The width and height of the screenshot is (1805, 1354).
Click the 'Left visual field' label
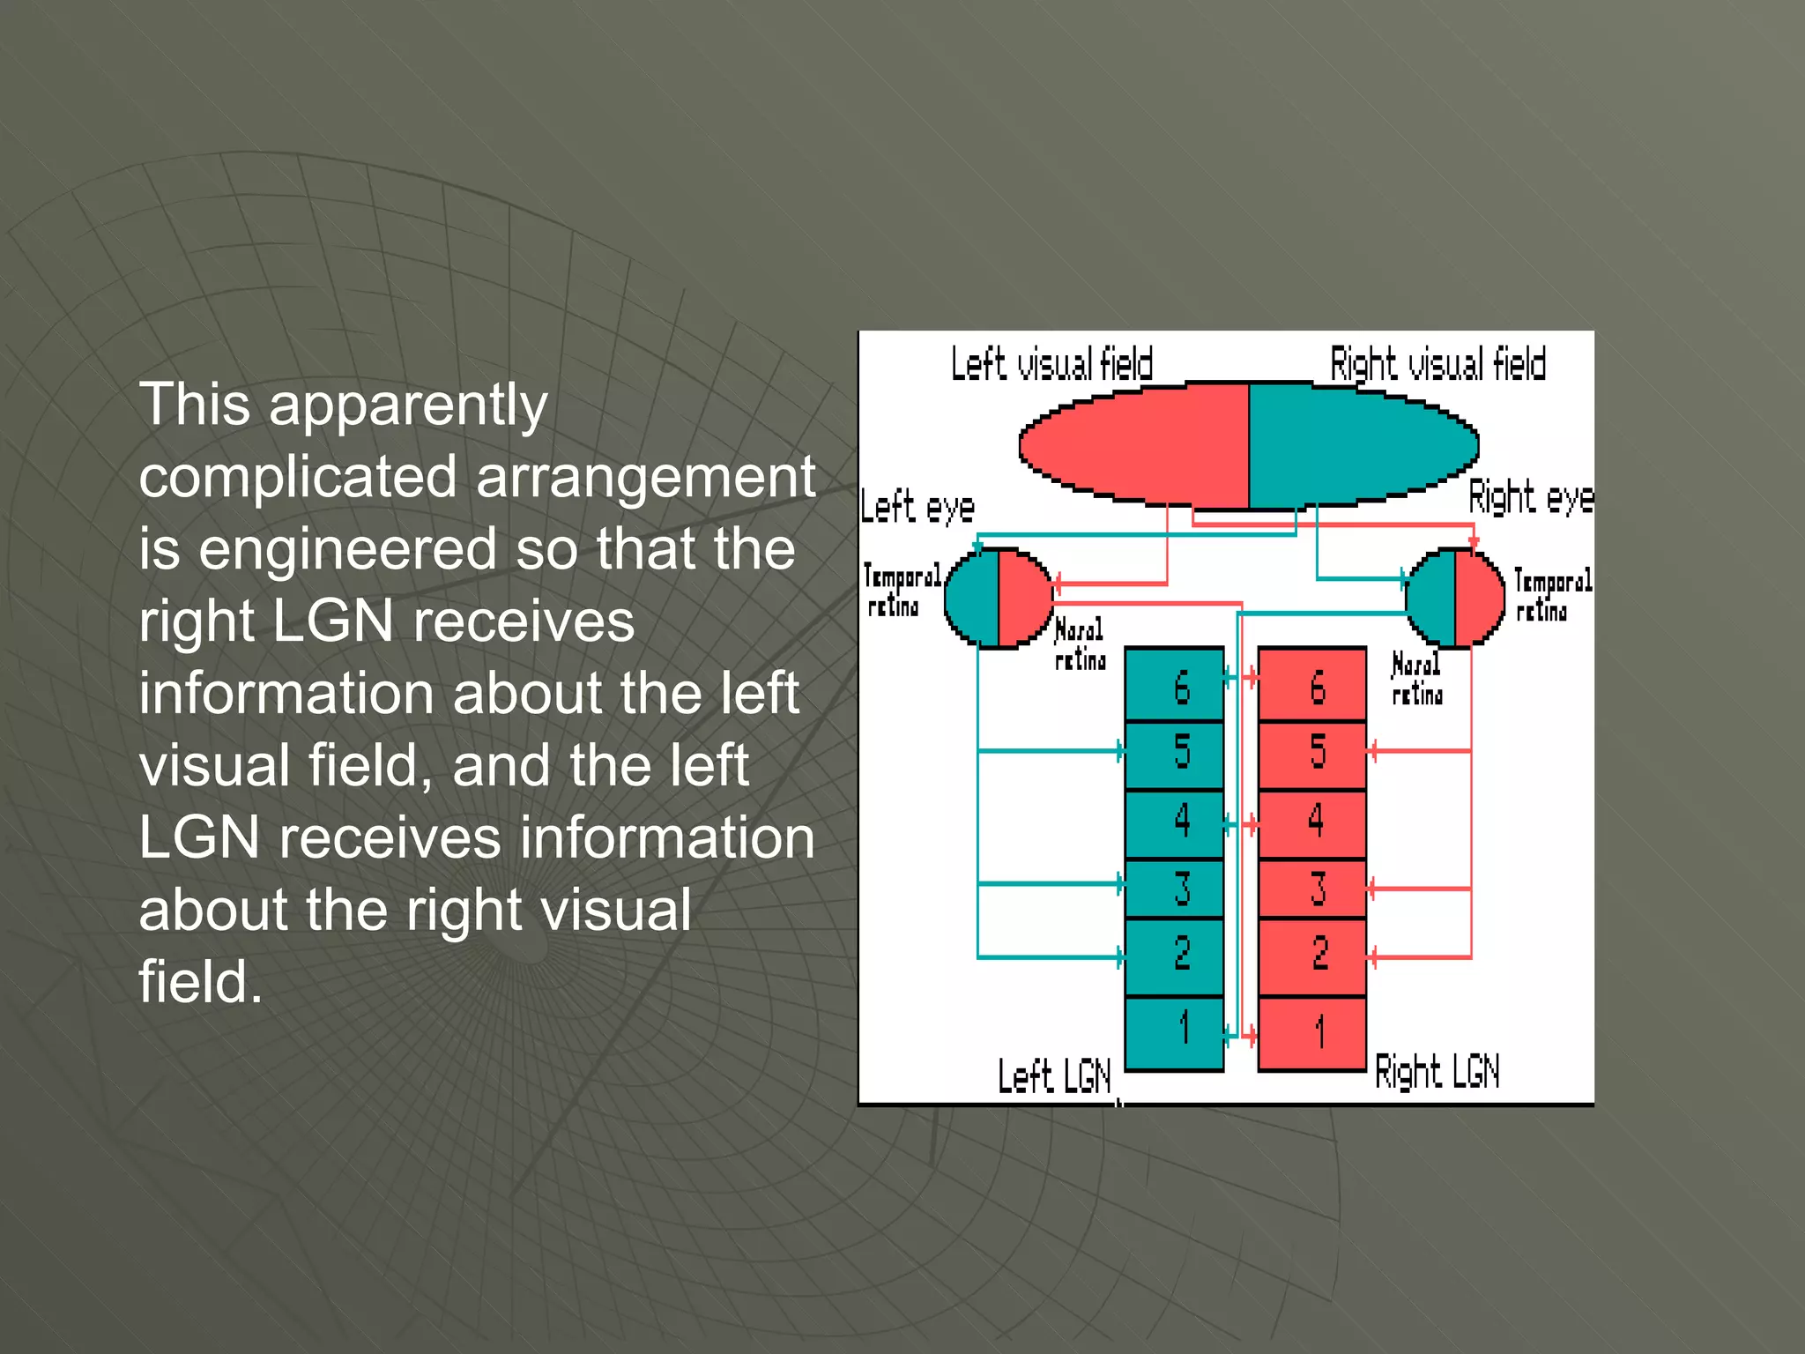pyautogui.click(x=1051, y=364)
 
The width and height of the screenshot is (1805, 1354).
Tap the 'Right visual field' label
pyautogui.click(x=1437, y=364)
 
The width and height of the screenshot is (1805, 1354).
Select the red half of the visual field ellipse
pyautogui.click(x=1137, y=445)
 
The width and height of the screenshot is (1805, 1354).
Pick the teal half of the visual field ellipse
pyautogui.click(x=1362, y=445)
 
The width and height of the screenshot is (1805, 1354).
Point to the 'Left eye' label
pyautogui.click(x=917, y=508)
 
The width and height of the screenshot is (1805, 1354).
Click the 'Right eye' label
pyautogui.click(x=1531, y=499)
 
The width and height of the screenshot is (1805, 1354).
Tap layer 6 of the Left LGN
pyautogui.click(x=1175, y=686)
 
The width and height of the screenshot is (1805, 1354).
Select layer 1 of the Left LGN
pyautogui.click(x=1175, y=1030)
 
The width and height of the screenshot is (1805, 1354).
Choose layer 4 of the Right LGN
pyautogui.click(x=1312, y=822)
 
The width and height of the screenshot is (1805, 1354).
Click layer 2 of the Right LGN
pyautogui.click(x=1312, y=955)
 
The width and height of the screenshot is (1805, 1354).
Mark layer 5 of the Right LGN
pyautogui.click(x=1312, y=754)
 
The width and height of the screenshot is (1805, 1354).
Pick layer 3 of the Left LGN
pyautogui.click(x=1175, y=888)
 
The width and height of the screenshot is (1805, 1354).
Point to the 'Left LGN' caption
pyautogui.click(x=1054, y=1076)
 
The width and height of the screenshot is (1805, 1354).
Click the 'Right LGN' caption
pyautogui.click(x=1437, y=1072)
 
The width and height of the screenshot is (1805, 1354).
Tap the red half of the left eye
pyautogui.click(x=1023, y=598)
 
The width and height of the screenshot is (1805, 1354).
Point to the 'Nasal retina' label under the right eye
pyautogui.click(x=1417, y=679)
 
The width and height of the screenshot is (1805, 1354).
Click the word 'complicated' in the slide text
pyautogui.click(x=298, y=477)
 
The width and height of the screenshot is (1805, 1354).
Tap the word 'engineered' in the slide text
pyautogui.click(x=347, y=549)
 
